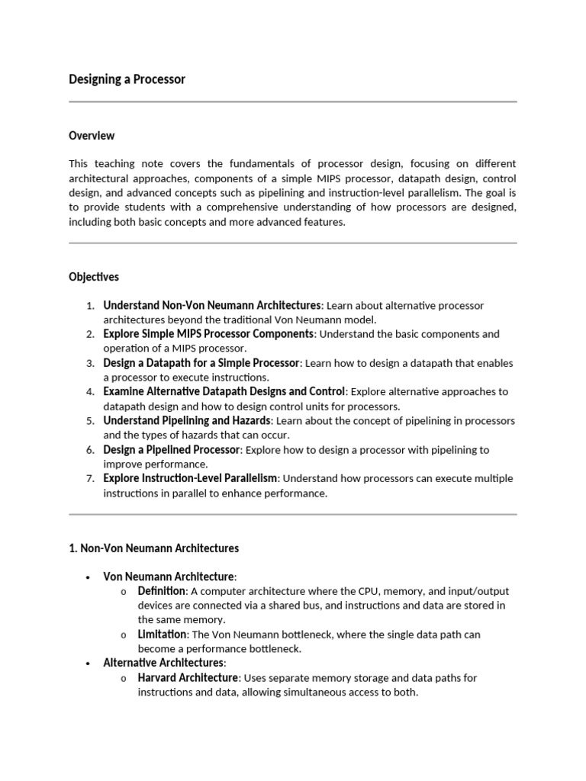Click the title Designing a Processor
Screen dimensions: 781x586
pos(127,79)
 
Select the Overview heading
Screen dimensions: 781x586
pos(92,136)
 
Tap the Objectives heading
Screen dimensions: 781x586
pos(94,277)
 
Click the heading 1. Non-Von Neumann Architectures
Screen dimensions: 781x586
pos(153,548)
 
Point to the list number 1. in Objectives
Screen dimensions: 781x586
pos(90,306)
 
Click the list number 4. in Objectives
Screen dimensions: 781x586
pos(90,392)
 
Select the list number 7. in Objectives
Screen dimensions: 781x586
pos(90,479)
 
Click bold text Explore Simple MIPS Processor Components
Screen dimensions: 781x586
pos(208,334)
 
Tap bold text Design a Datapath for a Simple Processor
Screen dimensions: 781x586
pos(202,363)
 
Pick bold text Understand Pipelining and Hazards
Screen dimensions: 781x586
pos(187,421)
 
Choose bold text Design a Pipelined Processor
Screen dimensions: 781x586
pos(172,450)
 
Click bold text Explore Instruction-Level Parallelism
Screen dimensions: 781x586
pos(191,478)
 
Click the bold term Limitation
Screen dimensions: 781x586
pos(162,635)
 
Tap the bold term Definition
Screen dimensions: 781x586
pos(161,591)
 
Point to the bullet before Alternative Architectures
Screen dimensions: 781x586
pos(89,664)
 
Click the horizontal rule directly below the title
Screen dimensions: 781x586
pos(293,101)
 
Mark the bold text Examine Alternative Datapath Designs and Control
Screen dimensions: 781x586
pos(224,392)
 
